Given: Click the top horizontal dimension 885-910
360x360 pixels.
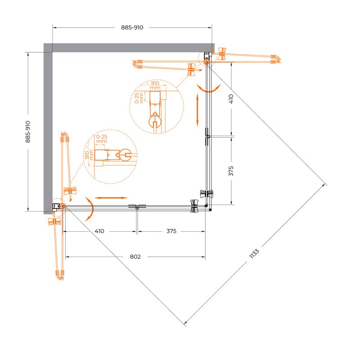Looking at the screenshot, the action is coord(132,27).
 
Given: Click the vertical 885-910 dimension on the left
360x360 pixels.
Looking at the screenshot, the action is coord(28,132).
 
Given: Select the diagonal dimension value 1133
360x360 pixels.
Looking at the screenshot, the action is coord(254,253).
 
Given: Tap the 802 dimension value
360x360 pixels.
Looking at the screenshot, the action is coord(135,256).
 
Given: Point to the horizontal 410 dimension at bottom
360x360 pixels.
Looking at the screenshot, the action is coord(99,231).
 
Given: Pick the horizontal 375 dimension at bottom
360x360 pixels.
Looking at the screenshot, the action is coord(171,231).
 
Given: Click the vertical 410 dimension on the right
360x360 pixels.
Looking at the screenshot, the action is coord(231,99).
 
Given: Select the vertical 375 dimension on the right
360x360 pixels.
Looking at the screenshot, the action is coord(231,171).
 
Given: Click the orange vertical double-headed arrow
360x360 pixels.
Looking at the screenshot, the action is coord(198,110).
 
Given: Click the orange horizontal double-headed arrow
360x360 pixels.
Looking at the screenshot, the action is coord(111,198).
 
